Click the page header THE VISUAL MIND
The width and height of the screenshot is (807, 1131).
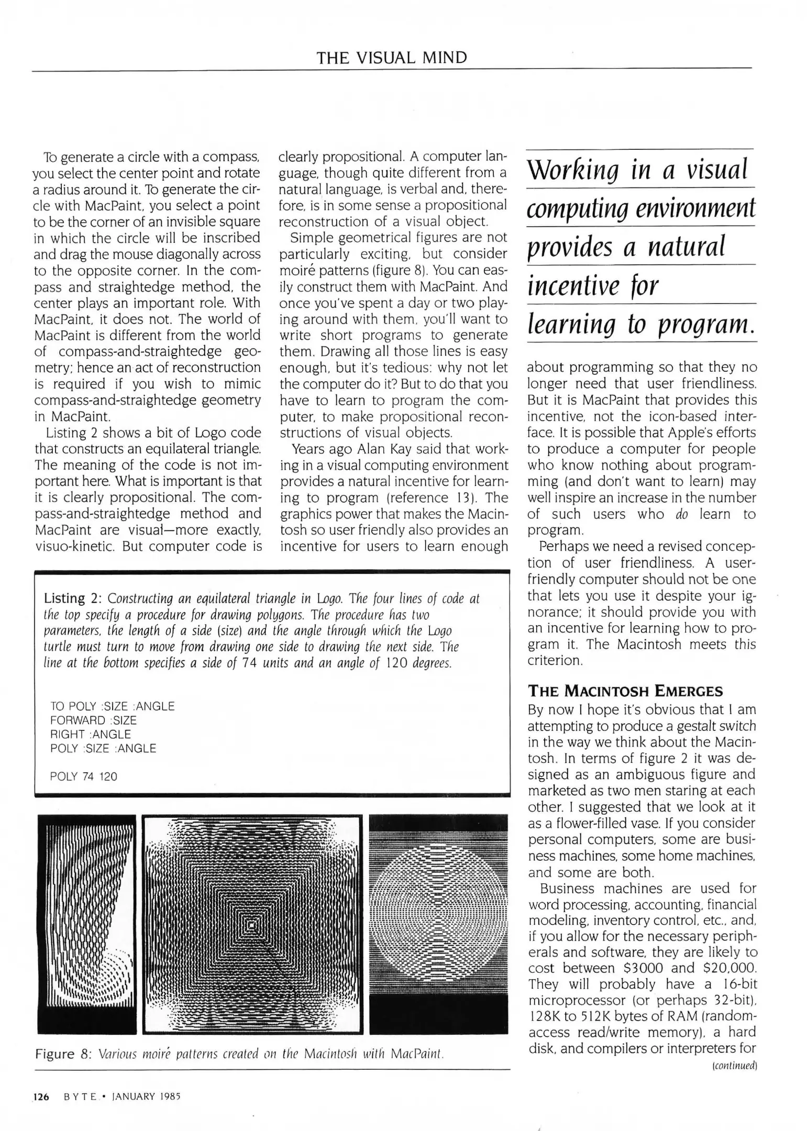point(391,58)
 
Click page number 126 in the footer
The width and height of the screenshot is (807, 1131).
point(41,1096)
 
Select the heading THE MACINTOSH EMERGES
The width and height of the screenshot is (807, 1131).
point(625,691)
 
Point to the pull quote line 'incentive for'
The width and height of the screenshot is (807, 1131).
point(592,286)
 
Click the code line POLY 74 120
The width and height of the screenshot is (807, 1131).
point(84,777)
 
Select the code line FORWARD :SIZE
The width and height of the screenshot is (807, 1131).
point(93,720)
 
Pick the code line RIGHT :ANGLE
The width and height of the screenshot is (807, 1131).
point(91,735)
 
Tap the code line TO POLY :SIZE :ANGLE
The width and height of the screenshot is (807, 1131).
point(112,706)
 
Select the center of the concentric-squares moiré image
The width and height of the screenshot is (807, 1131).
point(253,925)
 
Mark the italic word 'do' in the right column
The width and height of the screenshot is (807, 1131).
point(681,514)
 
